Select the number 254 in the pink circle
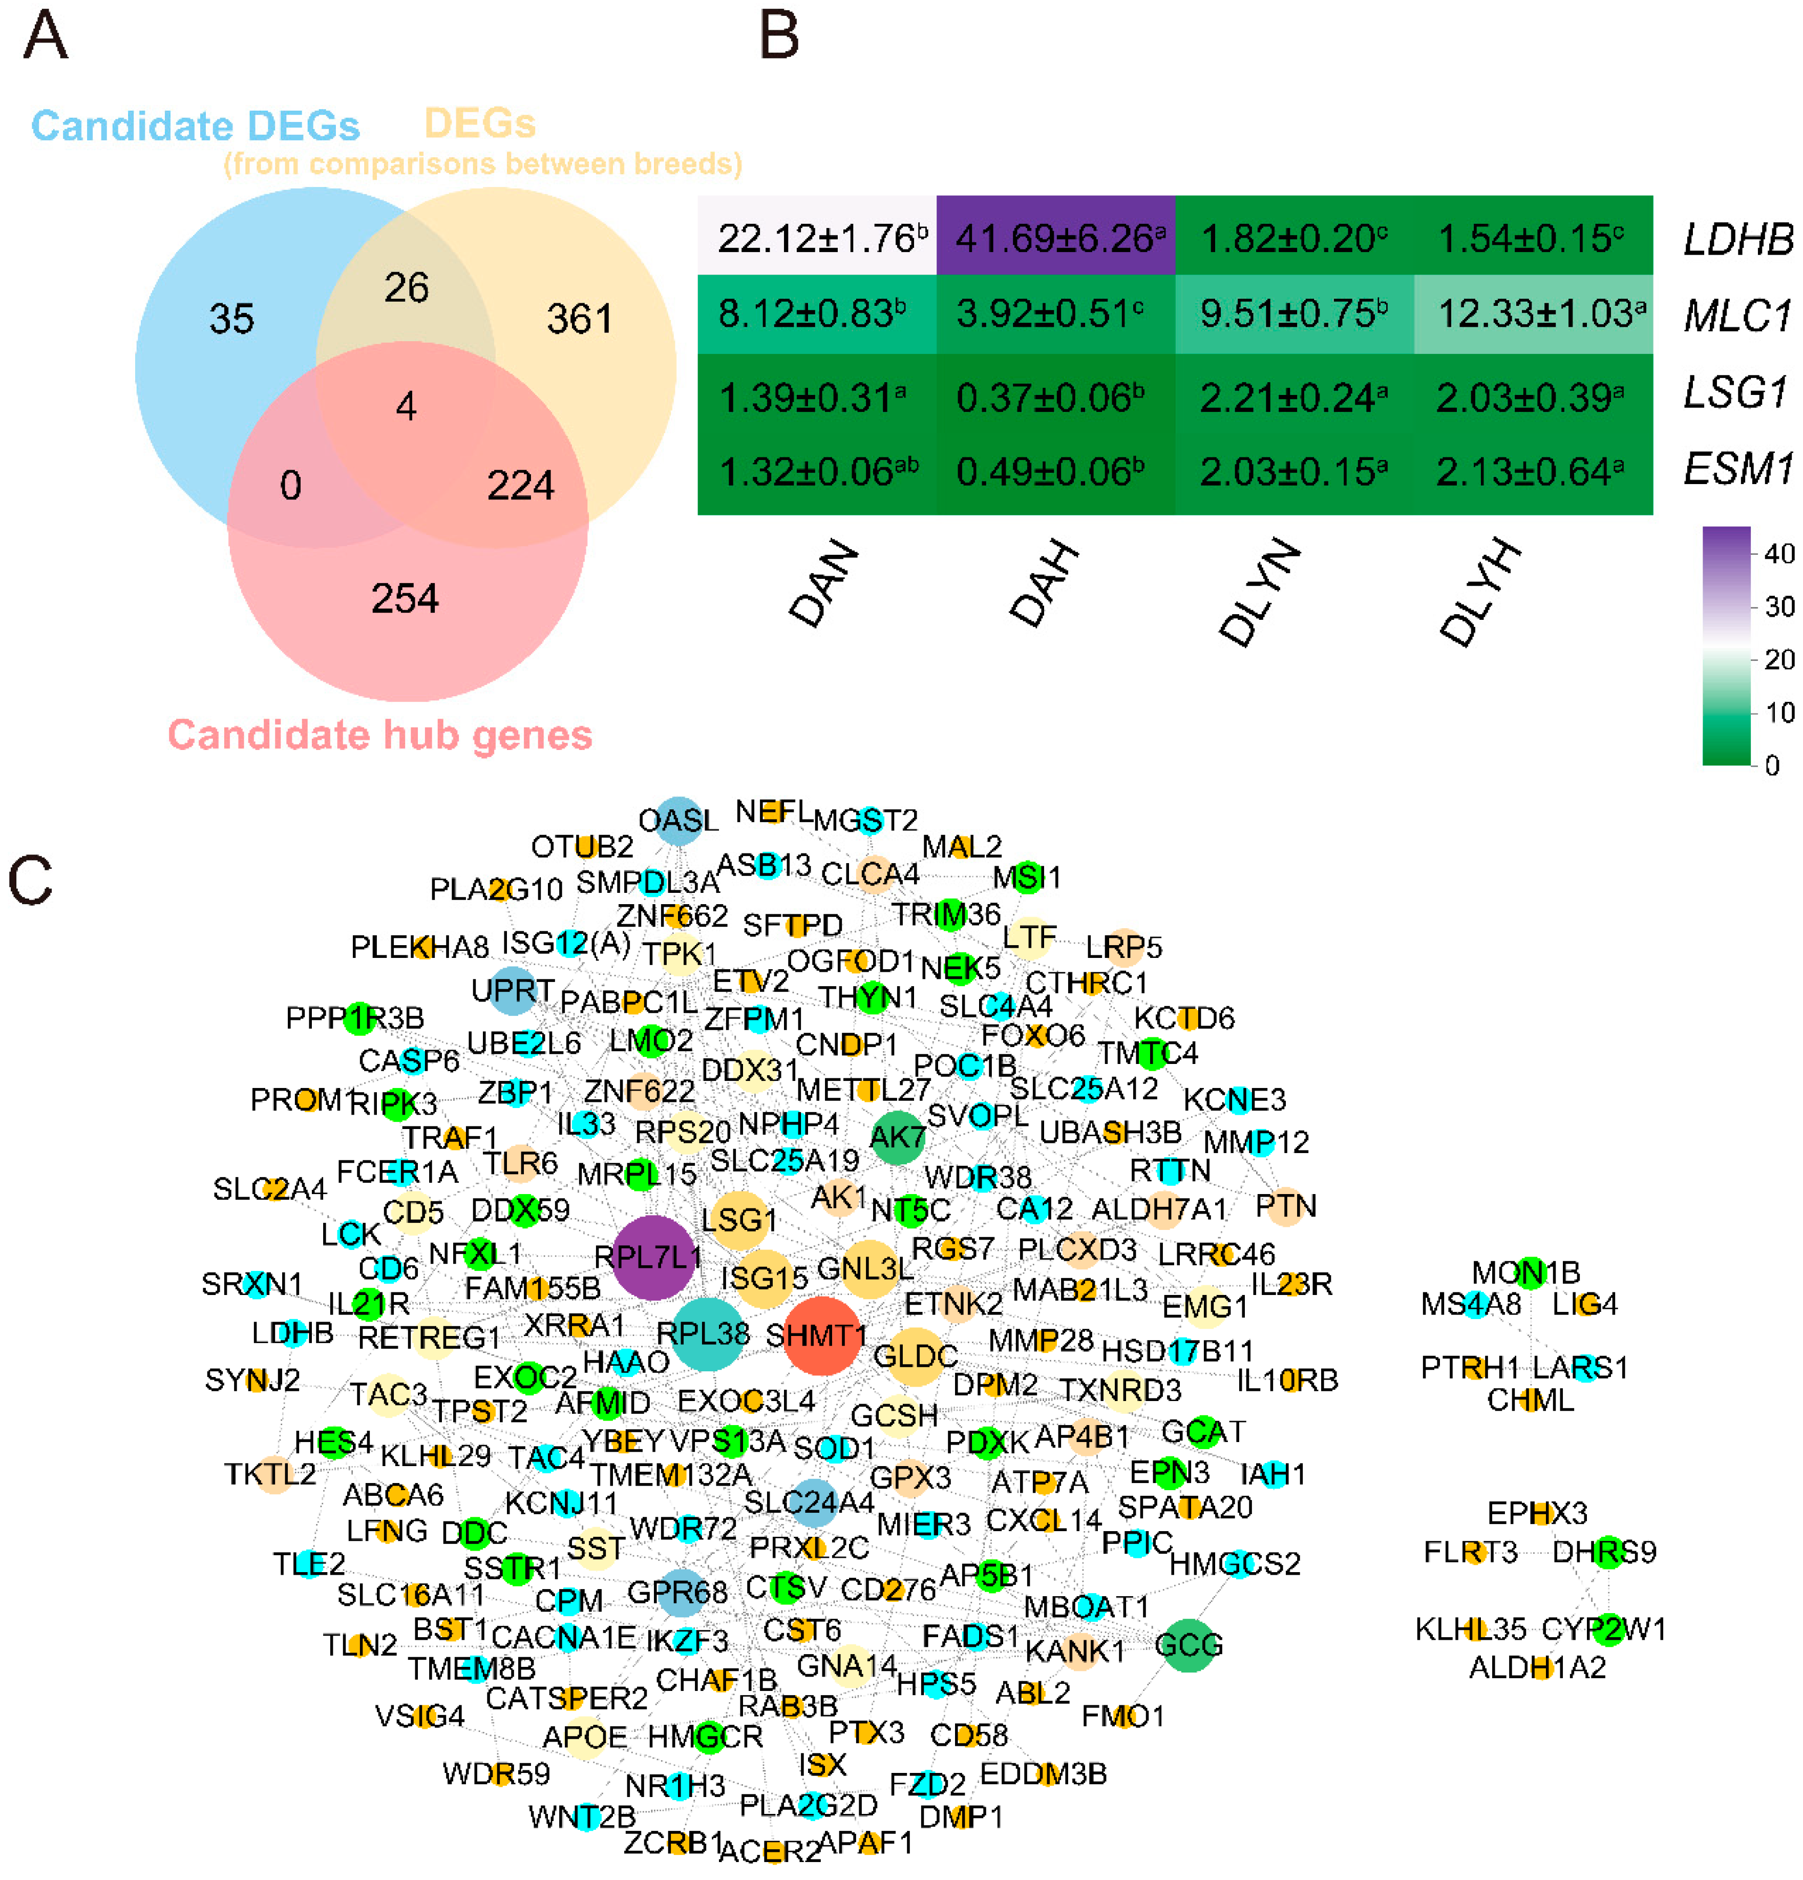point(405,598)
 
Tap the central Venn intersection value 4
point(406,407)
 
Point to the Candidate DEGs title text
point(196,126)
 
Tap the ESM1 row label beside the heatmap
point(1737,469)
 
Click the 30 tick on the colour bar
point(1779,606)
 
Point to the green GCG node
point(1187,1645)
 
